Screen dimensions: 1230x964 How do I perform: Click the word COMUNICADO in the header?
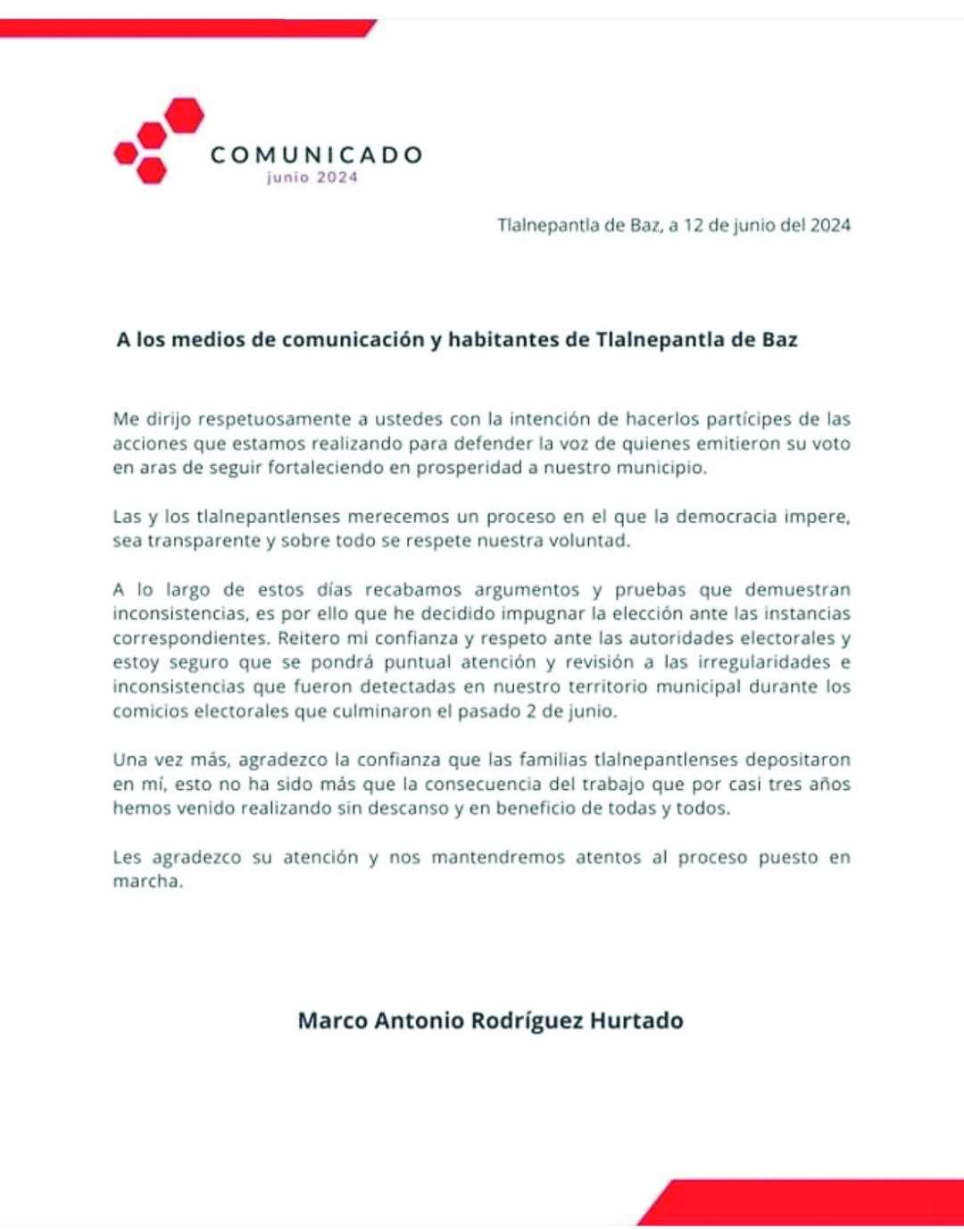[x=316, y=155]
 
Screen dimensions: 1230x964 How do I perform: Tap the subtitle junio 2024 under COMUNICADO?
[x=312, y=178]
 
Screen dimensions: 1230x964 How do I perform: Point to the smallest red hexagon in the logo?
[x=126, y=153]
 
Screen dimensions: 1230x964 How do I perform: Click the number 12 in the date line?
[x=694, y=225]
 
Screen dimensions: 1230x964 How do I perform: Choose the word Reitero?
[x=308, y=638]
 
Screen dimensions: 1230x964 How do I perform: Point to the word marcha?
[x=147, y=882]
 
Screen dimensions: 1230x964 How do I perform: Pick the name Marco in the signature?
[x=332, y=1020]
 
